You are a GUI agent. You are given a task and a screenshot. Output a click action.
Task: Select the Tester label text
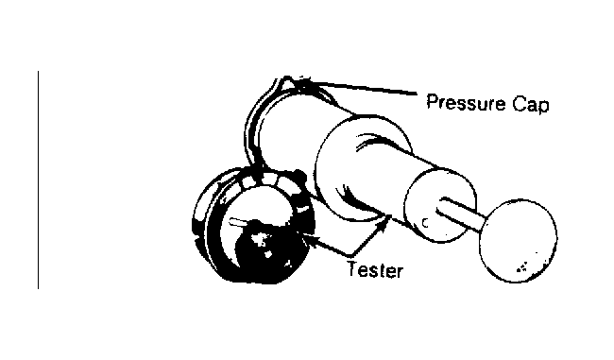tap(375, 270)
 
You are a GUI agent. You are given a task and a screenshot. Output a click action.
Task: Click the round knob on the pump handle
tap(519, 241)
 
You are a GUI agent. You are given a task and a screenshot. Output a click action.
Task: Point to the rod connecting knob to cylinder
tap(461, 214)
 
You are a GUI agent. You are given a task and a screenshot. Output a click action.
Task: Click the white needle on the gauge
tap(238, 222)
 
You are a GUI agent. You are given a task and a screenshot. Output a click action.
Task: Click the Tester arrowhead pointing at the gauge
tap(309, 237)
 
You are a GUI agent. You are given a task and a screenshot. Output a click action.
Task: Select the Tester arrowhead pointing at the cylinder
tap(387, 220)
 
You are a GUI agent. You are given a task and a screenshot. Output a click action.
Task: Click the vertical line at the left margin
tap(38, 180)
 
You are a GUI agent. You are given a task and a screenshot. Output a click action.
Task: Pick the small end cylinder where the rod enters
tap(439, 206)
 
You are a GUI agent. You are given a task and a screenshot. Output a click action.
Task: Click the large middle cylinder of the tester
tap(362, 168)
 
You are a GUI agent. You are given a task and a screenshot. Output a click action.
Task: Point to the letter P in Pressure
tap(432, 102)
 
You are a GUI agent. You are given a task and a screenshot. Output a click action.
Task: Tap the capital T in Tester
tap(353, 268)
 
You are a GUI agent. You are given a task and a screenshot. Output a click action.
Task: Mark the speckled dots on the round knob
tap(523, 267)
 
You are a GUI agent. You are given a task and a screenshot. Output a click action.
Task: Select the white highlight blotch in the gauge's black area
tap(261, 239)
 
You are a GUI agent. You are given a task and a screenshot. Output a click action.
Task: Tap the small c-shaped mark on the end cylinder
tap(425, 223)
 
